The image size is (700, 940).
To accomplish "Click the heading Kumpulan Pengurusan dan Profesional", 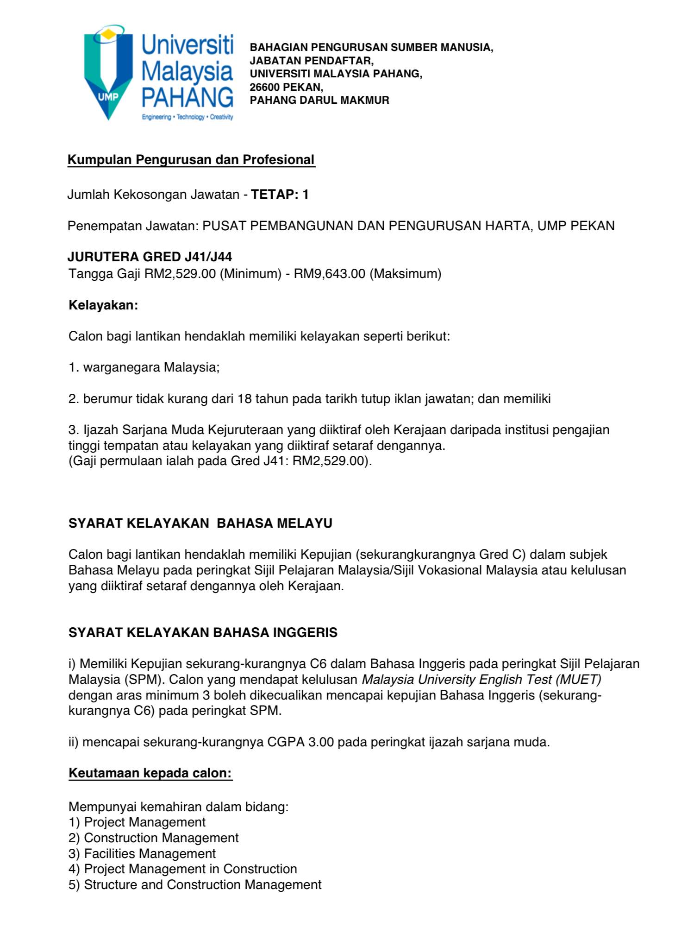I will [191, 160].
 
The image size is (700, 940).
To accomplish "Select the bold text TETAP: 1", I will [280, 195].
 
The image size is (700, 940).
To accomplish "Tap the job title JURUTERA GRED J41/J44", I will [150, 257].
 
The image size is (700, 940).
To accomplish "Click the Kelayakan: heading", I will [103, 305].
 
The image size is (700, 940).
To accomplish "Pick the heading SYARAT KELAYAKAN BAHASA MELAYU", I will [200, 524].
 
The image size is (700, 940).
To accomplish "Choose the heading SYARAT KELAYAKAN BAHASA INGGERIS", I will [203, 633].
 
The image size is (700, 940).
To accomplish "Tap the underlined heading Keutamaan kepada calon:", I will [150, 773].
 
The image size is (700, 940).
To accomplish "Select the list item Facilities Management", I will [150, 854].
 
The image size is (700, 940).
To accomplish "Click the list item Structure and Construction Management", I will [202, 885].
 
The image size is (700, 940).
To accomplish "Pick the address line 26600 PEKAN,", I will [287, 87].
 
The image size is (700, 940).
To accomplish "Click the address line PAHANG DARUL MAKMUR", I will [319, 100].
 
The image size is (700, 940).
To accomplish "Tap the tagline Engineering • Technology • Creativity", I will [187, 117].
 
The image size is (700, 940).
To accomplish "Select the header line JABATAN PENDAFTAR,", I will [312, 61].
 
